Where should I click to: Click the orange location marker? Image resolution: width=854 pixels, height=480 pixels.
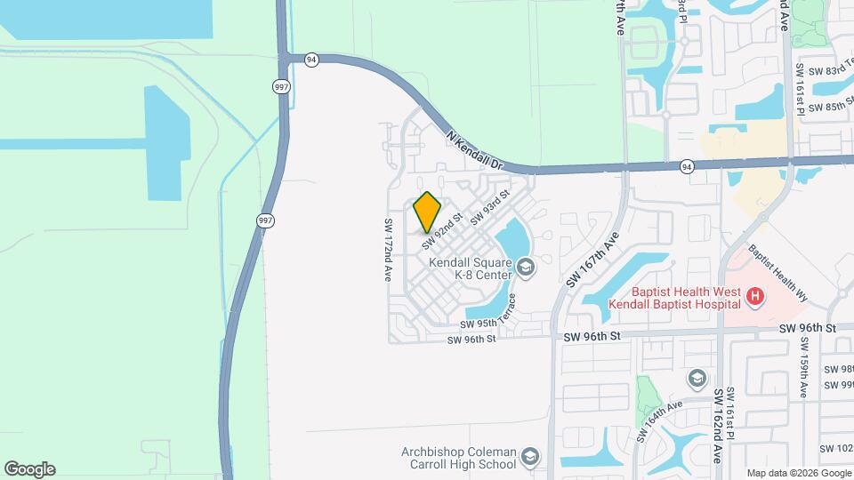(x=428, y=212)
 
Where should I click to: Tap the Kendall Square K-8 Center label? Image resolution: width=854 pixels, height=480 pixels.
(x=470, y=268)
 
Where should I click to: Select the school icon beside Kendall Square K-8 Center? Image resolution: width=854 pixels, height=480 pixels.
(x=526, y=268)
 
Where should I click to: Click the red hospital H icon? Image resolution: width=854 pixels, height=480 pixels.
(x=754, y=296)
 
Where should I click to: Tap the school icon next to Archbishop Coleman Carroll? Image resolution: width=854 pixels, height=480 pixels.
(x=530, y=457)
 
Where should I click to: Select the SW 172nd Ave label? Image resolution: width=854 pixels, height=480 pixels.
(x=388, y=250)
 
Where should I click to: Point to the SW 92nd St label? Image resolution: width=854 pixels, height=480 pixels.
(x=443, y=229)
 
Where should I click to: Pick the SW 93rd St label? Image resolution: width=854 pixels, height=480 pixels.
(x=490, y=207)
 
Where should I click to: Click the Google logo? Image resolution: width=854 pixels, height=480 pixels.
(x=29, y=469)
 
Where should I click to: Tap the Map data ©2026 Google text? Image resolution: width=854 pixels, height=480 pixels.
(x=798, y=474)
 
